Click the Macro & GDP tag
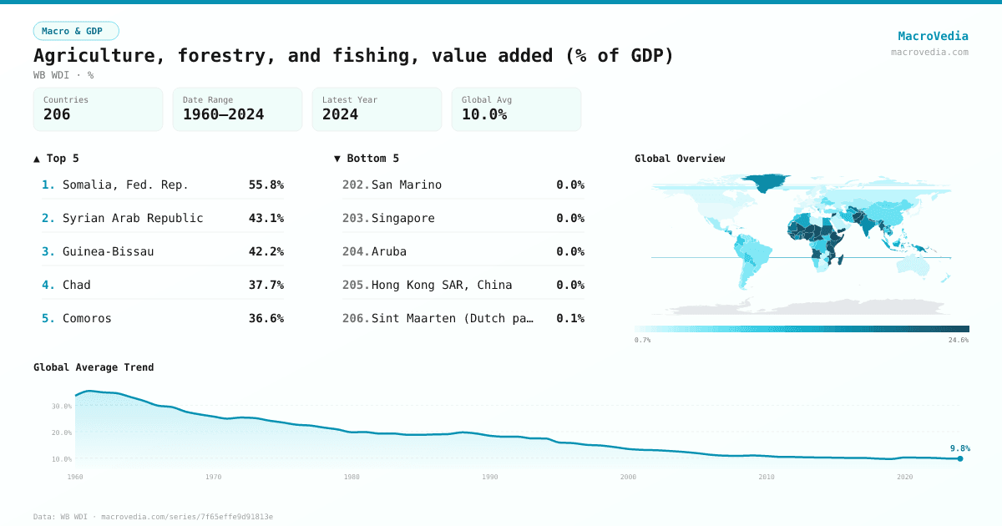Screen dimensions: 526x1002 (76, 31)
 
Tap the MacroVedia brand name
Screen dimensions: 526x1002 (933, 36)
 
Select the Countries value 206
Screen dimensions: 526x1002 (57, 114)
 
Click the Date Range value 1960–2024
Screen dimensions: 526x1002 (223, 114)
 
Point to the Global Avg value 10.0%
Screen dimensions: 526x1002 (484, 114)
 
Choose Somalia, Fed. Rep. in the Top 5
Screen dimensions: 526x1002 (125, 185)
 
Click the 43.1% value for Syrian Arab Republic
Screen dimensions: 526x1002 (266, 218)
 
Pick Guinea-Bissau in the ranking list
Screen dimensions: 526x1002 (108, 251)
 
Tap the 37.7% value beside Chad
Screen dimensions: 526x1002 (266, 285)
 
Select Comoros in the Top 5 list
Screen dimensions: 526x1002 (87, 318)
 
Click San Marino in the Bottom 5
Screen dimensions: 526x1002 (407, 185)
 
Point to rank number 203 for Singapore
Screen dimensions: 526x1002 (356, 218)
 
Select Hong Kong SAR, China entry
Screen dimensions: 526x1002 (442, 285)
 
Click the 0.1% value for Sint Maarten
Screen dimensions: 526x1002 (570, 318)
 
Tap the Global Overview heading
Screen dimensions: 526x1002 (680, 159)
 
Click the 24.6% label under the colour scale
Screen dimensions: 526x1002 (959, 341)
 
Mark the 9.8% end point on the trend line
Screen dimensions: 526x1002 (960, 458)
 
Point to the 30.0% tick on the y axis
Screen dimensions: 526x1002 (62, 407)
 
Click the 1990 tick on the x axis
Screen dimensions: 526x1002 (490, 477)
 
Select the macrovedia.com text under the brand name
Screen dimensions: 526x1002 (929, 52)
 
